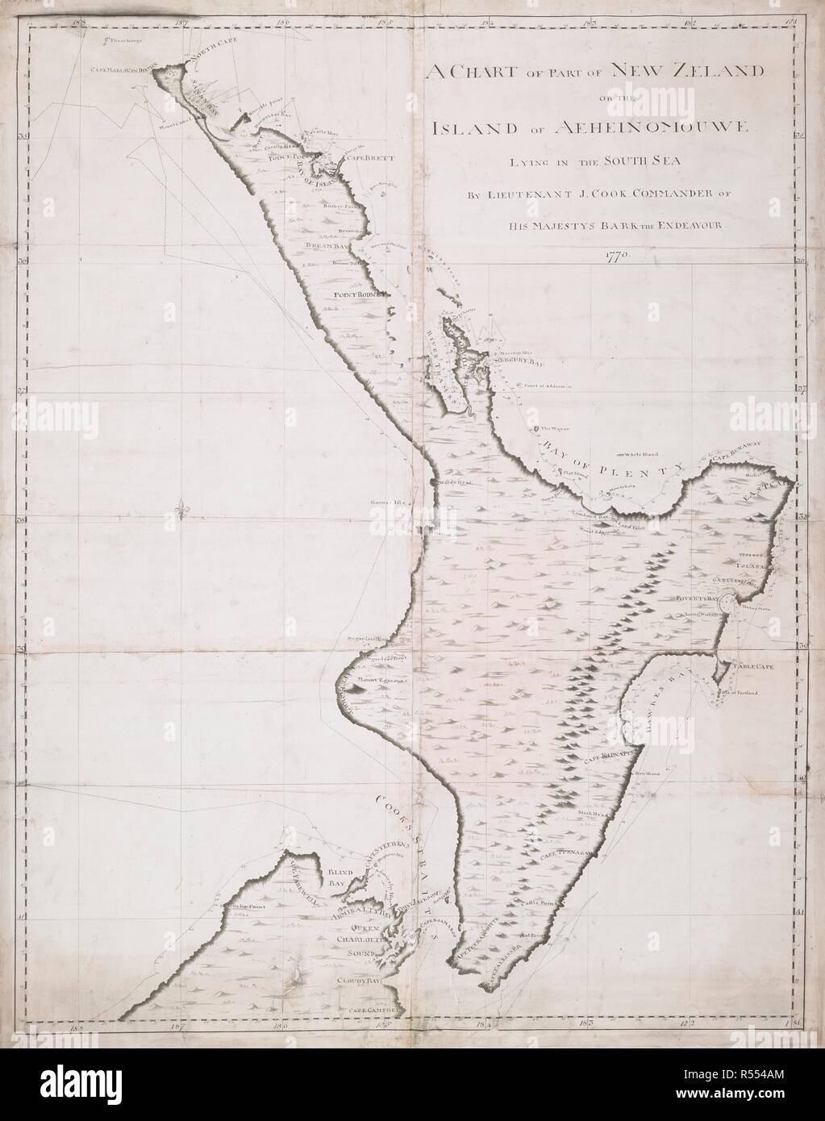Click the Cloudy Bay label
click(x=359, y=981)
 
